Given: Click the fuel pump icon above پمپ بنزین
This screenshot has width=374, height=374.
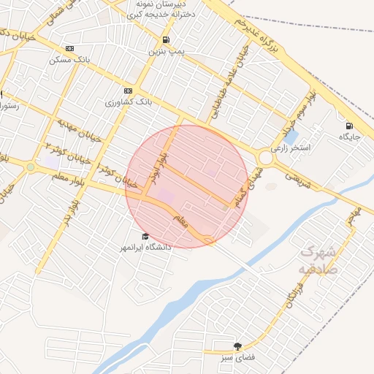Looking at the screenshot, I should (x=167, y=39).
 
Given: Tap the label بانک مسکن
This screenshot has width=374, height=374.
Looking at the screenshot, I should (x=69, y=59).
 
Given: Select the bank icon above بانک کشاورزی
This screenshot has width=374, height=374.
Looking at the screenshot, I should (x=129, y=91).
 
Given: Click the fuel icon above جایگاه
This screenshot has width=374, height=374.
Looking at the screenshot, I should (x=349, y=126).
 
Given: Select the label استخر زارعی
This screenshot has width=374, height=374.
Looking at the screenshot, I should (x=291, y=148).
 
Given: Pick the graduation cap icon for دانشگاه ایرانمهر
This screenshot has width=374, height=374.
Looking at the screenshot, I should (x=145, y=237).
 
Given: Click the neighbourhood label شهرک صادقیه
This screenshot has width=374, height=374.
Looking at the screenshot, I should (x=316, y=260).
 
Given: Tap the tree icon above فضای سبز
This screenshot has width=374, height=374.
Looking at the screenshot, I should (x=237, y=346).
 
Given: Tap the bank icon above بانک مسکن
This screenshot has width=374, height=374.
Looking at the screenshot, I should (x=69, y=48).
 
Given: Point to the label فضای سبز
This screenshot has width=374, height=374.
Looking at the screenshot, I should (x=237, y=358).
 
